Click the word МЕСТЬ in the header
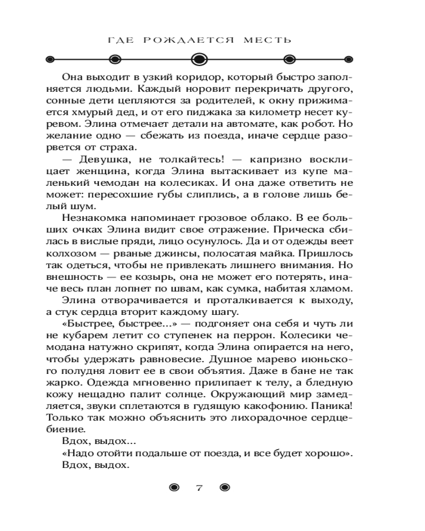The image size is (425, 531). click(x=271, y=40)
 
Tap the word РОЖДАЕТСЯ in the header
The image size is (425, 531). click(x=197, y=40)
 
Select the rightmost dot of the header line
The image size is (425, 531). click(x=349, y=59)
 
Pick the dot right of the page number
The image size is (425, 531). click(x=224, y=488)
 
